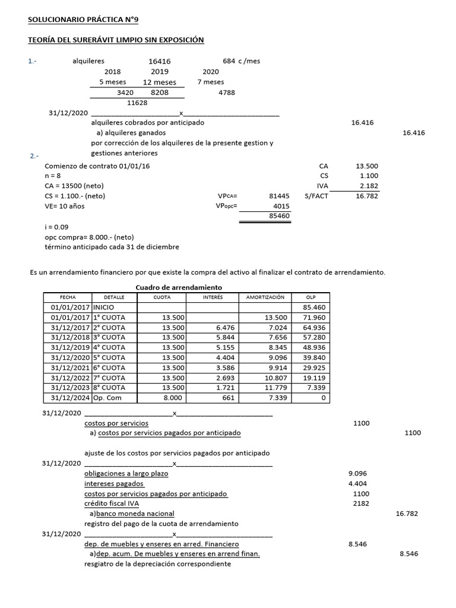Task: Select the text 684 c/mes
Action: point(241,61)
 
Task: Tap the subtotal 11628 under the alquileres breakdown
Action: point(137,103)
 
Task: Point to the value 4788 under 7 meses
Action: point(227,93)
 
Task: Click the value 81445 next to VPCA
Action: point(279,195)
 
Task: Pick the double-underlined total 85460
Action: point(279,216)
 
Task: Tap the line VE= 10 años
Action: point(65,206)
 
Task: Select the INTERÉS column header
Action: point(213,297)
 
